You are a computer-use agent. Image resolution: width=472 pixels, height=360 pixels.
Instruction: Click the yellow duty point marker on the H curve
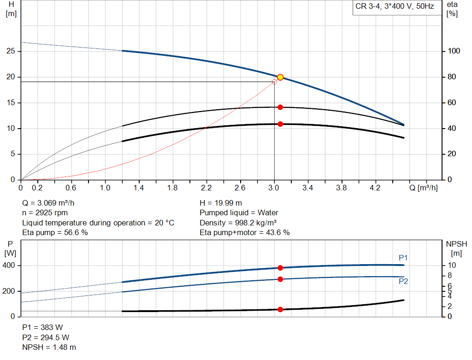point(280,77)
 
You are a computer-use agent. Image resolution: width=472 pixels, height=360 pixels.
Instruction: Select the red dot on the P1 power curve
point(280,268)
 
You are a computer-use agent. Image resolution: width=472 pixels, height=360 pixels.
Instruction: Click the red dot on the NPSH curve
point(280,309)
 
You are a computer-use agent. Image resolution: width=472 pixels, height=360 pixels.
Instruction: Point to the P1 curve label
point(403,258)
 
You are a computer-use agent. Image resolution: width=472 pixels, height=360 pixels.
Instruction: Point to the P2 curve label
point(403,281)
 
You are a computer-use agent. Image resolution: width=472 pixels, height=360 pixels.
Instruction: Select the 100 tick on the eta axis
point(454,52)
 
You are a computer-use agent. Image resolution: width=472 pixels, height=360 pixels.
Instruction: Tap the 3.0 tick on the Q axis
point(274,188)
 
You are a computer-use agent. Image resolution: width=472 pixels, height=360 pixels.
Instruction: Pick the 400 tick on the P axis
point(10,266)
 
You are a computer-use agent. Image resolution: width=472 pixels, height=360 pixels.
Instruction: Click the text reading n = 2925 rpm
point(45,212)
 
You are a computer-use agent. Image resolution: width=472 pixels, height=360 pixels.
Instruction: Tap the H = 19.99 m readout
point(221,203)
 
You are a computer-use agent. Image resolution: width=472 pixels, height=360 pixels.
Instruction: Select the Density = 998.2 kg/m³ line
point(238,223)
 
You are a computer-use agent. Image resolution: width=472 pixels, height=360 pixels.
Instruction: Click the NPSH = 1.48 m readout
point(49,347)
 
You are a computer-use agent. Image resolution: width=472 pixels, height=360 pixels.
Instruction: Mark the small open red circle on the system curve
point(275,82)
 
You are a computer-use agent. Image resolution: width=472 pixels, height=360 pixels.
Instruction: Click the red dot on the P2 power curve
point(280,279)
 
